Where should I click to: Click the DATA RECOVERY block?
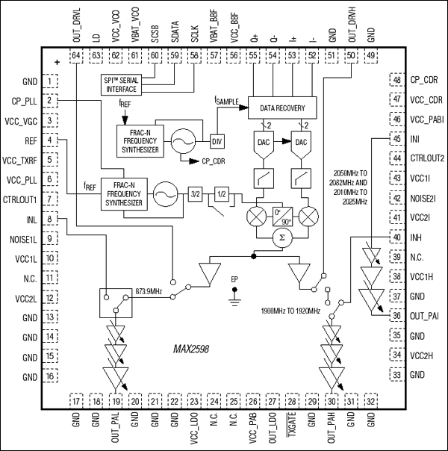281,107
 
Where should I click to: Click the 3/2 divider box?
196,193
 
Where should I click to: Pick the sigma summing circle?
281,237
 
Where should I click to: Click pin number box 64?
76,55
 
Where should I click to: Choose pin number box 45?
396,138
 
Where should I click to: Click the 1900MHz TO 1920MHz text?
290,310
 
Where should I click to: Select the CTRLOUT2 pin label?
427,158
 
